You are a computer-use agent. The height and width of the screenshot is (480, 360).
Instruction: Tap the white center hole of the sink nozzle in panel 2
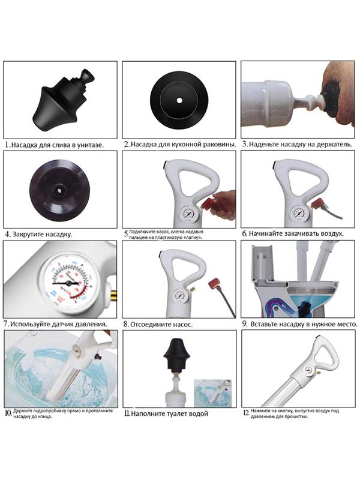click(179, 100)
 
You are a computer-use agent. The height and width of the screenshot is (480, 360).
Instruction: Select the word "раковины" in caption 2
click(221, 144)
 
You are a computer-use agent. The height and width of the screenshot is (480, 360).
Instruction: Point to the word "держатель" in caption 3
click(335, 144)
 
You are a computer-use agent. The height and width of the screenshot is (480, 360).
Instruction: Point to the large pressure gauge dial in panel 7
click(67, 283)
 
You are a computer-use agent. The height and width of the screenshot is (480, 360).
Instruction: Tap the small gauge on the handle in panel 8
click(178, 295)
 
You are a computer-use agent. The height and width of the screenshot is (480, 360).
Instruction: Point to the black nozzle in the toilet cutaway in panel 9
click(305, 308)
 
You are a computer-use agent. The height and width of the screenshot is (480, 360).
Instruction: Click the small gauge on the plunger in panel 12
click(308, 370)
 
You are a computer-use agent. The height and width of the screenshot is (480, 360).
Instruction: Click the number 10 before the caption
click(8, 413)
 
